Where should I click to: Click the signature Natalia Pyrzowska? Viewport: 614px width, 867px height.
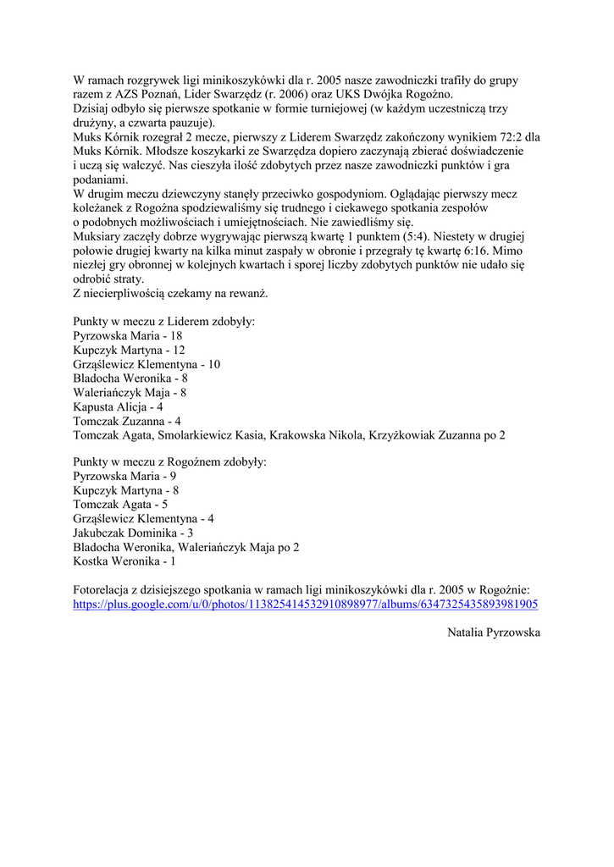click(493, 632)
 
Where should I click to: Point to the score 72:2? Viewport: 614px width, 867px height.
click(508, 136)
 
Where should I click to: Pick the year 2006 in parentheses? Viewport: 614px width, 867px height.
click(260, 94)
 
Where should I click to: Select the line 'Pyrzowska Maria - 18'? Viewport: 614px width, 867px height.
click(128, 336)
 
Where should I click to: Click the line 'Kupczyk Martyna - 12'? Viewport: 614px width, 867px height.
click(129, 351)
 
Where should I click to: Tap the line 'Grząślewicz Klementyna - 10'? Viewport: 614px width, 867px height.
click(147, 365)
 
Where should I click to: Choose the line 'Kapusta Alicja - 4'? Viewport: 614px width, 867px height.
click(118, 407)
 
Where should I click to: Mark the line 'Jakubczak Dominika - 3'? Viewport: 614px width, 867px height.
click(133, 533)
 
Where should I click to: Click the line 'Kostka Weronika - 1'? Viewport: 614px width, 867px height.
click(124, 561)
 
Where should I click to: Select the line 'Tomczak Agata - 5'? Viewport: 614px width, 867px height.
click(120, 504)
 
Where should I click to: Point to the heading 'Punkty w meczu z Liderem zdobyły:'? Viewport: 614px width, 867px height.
click(164, 322)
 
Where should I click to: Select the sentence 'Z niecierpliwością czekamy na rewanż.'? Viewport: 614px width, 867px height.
click(170, 294)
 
